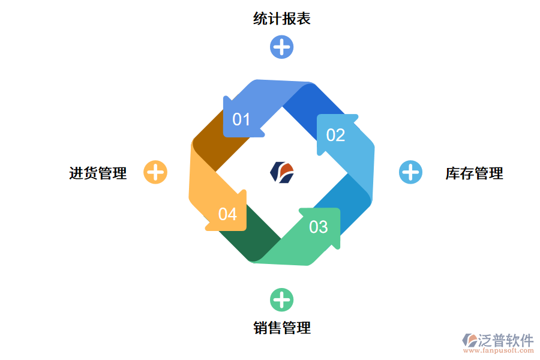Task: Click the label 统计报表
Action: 281,19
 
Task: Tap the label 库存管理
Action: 474,173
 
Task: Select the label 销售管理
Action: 281,328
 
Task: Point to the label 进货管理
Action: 98,173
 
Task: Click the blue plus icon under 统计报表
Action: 281,47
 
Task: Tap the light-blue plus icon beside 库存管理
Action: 410,172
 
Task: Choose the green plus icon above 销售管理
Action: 281,299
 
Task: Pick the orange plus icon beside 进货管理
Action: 155,172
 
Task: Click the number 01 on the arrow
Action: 241,119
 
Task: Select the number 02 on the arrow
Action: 335,135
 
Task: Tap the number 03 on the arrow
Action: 319,227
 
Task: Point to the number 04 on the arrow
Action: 227,214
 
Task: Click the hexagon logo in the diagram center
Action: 282,172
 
